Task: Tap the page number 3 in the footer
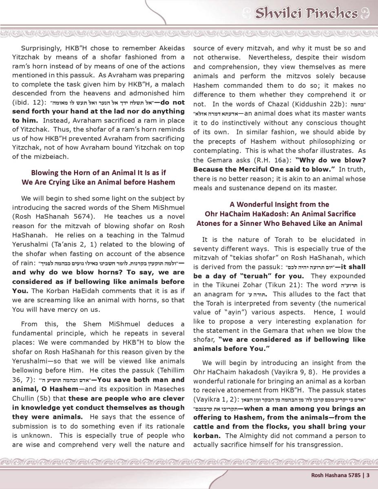click(367, 475)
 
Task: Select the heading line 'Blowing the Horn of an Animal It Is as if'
click(98, 173)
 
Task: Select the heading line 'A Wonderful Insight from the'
click(279, 205)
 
